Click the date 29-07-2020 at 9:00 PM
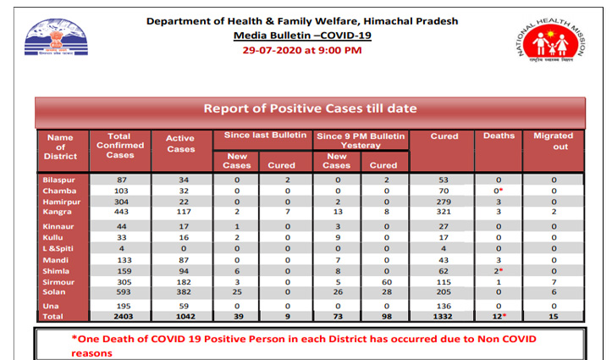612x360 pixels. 302,51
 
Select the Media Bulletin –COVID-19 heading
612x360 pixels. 302,36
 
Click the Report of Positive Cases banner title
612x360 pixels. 309,108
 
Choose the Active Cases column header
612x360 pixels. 179,143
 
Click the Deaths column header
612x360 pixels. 499,136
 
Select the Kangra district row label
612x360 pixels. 57,212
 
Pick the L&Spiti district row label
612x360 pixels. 59,247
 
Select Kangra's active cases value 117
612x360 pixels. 179,212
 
